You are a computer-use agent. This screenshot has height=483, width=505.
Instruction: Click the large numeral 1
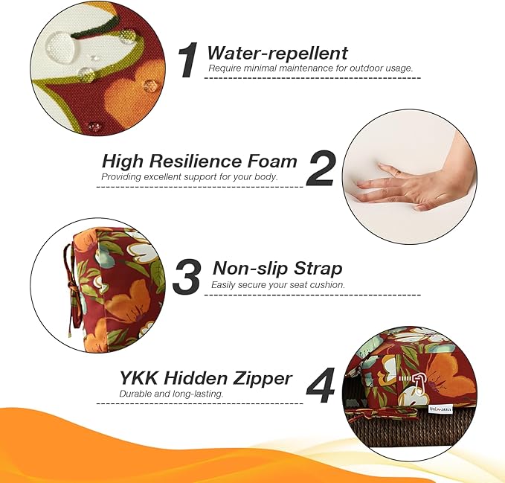click(x=187, y=60)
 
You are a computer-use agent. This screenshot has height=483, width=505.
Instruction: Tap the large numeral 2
click(x=321, y=168)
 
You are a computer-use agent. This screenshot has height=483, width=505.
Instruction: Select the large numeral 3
click(x=187, y=276)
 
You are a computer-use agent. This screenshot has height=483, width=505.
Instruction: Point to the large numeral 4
click(x=320, y=386)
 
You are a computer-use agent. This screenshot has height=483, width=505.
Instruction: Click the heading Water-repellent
click(x=277, y=53)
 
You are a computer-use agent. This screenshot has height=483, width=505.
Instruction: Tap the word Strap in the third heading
click(x=318, y=269)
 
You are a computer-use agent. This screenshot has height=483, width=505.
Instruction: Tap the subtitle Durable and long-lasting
click(x=171, y=394)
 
